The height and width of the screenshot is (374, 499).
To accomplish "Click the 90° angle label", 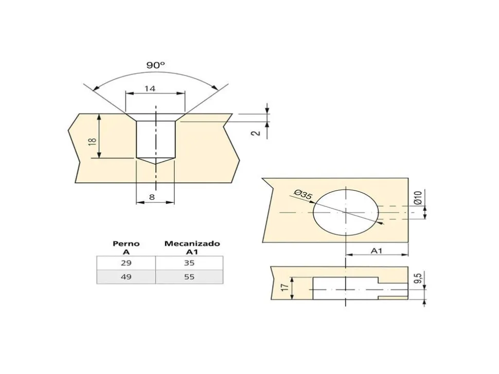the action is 156,65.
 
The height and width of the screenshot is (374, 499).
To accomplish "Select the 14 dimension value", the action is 150,88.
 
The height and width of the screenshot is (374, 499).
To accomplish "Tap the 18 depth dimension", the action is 92,141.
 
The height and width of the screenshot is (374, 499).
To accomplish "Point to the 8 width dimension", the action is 152,197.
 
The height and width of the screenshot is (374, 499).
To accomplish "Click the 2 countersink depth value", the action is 256,133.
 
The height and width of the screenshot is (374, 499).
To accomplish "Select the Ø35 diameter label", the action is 302,195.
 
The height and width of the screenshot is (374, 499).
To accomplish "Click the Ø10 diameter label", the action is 418,198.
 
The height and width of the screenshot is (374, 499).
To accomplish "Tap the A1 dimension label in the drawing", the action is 377,251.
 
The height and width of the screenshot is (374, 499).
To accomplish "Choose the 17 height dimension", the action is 285,287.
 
